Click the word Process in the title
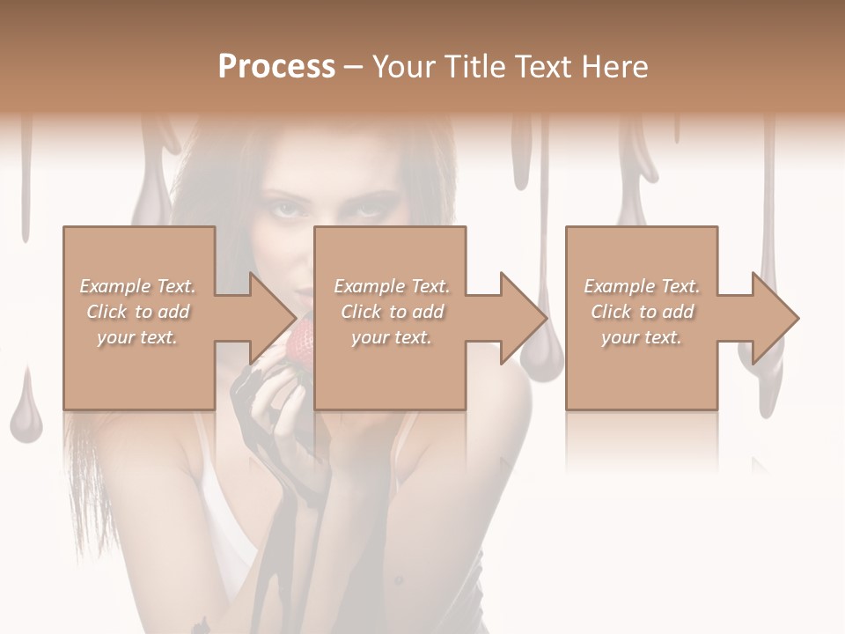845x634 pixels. click(x=276, y=67)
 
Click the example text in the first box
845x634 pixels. click(x=137, y=312)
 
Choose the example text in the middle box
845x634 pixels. click(x=391, y=312)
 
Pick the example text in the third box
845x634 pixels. click(x=642, y=312)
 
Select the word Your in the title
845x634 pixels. click(x=401, y=67)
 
